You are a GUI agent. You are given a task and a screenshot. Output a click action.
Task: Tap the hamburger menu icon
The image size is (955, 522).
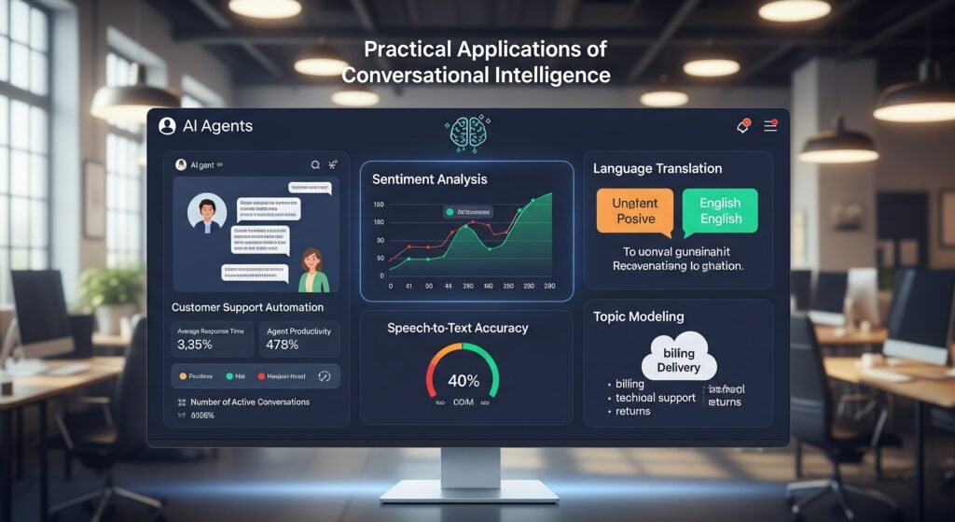coord(770,126)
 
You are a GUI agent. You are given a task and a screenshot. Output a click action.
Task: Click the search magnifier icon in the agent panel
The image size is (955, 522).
coord(315,164)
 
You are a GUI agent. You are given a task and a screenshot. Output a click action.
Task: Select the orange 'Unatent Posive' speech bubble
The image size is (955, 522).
coord(635,211)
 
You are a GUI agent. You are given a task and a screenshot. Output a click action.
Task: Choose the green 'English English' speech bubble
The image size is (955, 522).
coord(720,211)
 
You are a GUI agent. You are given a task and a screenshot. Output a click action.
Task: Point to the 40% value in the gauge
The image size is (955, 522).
coord(464,381)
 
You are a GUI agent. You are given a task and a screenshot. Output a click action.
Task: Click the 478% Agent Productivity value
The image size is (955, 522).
coord(283,345)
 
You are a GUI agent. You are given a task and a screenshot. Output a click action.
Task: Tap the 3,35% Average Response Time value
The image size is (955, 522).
coord(196,345)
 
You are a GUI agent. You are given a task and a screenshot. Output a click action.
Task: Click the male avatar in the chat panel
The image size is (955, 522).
coord(207,214)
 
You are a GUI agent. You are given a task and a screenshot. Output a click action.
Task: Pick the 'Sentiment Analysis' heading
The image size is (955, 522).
coord(429,178)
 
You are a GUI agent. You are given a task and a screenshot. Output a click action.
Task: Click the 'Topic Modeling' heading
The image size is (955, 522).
coord(638,317)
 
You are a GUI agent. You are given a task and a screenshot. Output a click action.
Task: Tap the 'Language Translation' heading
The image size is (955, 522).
coord(657,169)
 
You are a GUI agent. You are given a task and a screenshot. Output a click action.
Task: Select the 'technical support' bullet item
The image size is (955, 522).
coord(656,398)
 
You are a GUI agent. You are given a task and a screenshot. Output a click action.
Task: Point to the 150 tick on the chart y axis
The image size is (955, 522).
coord(378,205)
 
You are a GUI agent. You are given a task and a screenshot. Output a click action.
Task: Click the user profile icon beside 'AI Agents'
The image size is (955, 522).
coord(168,126)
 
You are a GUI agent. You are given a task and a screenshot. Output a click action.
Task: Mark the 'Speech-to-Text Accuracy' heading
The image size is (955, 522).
coord(457,328)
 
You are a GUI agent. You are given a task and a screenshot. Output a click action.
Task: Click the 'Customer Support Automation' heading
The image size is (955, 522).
coord(248,307)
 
